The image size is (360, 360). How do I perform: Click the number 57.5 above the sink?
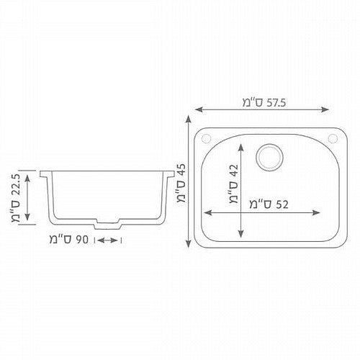click(x=276, y=103)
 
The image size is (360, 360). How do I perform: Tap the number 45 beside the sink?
click(x=181, y=170)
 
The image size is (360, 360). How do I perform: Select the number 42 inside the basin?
click(x=234, y=171)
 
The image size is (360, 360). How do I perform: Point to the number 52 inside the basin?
click(x=282, y=204)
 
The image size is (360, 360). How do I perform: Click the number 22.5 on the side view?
click(x=16, y=185)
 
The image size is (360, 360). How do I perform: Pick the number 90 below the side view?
click(x=82, y=240)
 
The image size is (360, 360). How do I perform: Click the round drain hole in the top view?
click(x=269, y=157)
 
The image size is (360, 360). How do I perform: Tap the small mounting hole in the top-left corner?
click(x=206, y=138)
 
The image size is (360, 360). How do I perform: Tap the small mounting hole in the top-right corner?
click(x=333, y=138)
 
